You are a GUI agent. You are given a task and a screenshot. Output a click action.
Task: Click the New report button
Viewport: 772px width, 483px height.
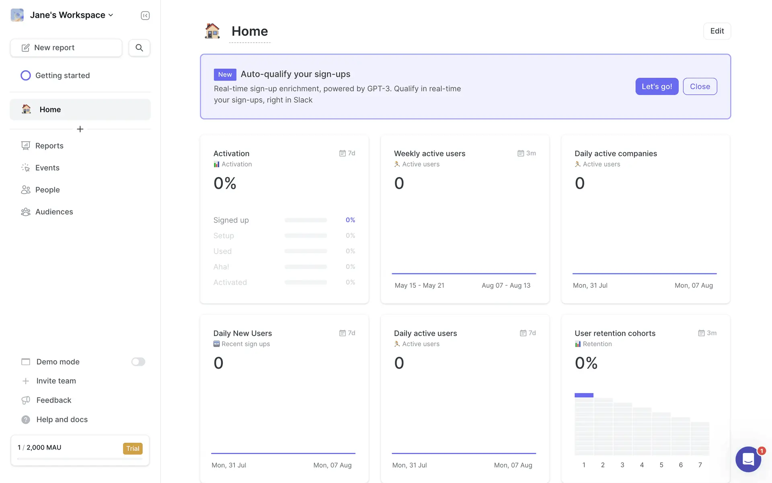(x=66, y=48)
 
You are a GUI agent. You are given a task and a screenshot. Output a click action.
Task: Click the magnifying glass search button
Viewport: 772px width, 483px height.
(x=139, y=48)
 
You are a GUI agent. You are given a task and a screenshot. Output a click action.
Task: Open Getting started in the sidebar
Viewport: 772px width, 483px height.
(x=62, y=76)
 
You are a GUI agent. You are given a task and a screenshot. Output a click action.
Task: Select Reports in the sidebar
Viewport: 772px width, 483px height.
(x=49, y=146)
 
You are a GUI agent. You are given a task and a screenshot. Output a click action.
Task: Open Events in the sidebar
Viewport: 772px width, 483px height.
(x=47, y=168)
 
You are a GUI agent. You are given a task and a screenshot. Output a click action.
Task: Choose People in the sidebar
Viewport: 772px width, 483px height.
(x=47, y=190)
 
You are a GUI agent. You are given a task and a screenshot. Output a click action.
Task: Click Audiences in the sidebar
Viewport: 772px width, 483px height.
(x=54, y=212)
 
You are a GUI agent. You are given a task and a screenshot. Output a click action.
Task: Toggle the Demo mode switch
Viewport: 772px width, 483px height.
(x=138, y=362)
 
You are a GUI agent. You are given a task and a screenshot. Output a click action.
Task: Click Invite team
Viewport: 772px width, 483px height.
(x=56, y=381)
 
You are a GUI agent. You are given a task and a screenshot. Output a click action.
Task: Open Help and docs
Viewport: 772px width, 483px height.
(x=62, y=419)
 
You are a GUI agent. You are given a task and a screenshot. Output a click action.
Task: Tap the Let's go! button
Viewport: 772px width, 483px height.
(x=657, y=87)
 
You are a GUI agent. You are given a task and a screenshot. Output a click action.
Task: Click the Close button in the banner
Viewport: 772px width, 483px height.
(x=700, y=87)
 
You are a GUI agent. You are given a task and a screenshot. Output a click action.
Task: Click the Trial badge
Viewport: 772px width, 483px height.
(x=133, y=448)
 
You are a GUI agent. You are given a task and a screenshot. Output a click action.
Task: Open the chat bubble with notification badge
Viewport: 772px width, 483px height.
(x=748, y=459)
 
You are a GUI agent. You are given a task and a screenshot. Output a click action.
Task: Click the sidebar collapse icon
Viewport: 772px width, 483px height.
(x=145, y=16)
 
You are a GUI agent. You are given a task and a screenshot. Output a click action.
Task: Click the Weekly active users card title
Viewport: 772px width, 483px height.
(x=429, y=153)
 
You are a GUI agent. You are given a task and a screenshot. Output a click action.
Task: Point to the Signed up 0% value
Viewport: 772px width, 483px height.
(x=350, y=220)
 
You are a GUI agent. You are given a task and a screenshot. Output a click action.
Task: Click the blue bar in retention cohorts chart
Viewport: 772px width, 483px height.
(x=584, y=395)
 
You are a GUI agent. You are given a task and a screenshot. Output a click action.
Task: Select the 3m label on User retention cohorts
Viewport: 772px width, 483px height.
(x=711, y=333)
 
